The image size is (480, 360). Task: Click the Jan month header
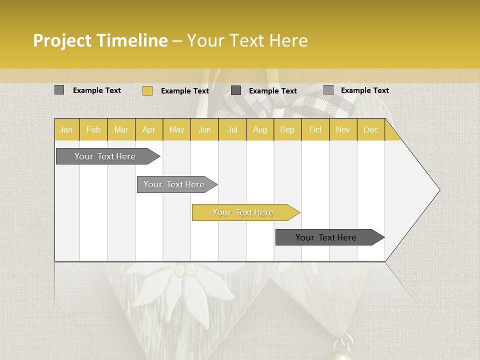click(66, 130)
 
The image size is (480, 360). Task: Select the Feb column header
click(93, 130)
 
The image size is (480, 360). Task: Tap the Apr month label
click(148, 130)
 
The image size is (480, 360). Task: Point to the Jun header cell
click(204, 130)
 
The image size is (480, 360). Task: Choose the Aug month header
click(259, 130)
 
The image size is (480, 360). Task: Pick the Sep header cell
click(287, 130)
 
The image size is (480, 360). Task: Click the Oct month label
click(315, 130)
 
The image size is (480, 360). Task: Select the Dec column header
click(370, 130)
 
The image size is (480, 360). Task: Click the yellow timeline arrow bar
click(245, 212)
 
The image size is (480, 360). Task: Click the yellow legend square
click(147, 90)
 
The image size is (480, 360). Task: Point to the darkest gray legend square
click(236, 90)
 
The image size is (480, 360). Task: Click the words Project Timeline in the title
click(100, 40)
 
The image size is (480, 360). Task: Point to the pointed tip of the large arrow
click(439, 190)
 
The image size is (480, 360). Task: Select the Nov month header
click(343, 130)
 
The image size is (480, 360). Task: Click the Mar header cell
click(121, 130)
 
